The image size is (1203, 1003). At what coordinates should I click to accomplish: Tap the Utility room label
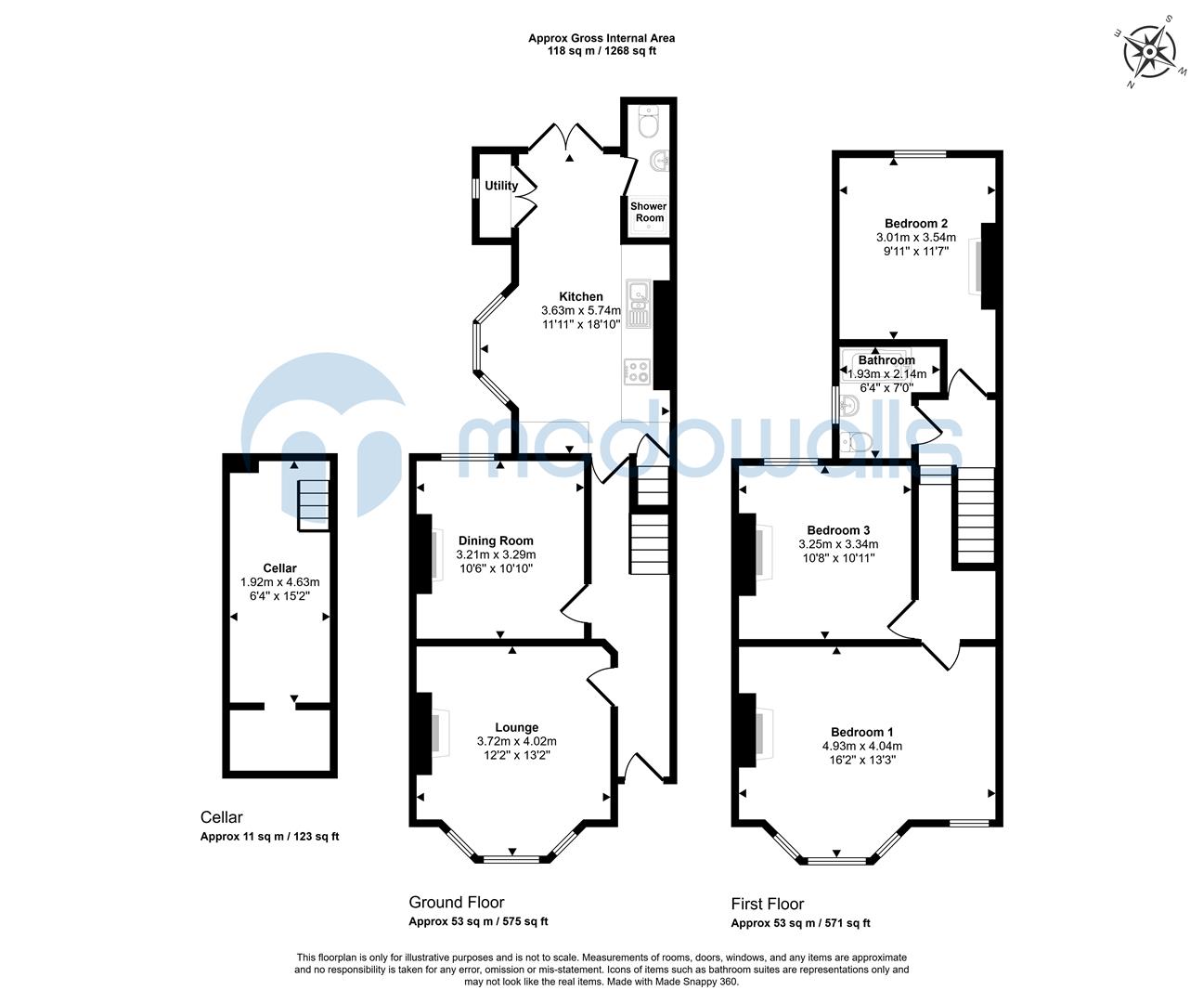(x=501, y=186)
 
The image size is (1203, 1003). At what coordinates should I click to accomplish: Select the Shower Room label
(x=649, y=212)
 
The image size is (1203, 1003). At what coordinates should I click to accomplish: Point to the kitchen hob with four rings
(x=638, y=371)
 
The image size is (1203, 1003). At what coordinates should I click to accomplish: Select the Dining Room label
(x=496, y=541)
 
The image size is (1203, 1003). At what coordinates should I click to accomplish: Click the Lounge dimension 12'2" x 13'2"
(x=516, y=755)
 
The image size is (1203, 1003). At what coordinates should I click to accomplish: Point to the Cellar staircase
(x=313, y=505)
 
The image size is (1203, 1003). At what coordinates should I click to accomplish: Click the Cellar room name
(x=279, y=568)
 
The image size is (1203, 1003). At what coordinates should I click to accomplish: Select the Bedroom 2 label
(x=915, y=223)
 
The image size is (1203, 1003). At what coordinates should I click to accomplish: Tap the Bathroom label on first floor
(x=886, y=360)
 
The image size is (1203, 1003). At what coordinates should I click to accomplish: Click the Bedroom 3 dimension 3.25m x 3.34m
(x=838, y=544)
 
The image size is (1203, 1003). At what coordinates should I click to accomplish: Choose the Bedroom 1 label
(x=862, y=732)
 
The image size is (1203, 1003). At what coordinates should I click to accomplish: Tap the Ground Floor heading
(x=457, y=902)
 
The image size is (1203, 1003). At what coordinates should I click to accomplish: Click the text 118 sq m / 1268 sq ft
(x=601, y=51)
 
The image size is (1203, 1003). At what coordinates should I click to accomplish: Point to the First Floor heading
(x=768, y=904)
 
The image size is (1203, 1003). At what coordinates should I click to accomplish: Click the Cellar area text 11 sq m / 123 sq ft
(x=270, y=837)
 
